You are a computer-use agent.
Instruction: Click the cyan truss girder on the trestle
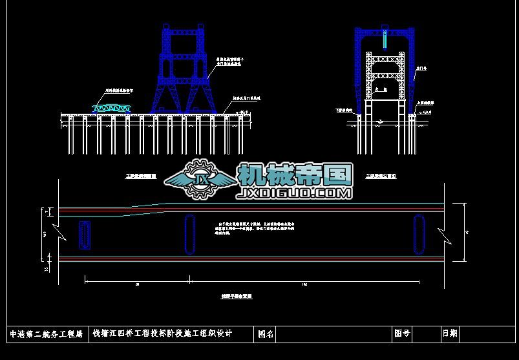click(x=112, y=107)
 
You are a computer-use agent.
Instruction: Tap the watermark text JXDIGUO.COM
click(x=295, y=193)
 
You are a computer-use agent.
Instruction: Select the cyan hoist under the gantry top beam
click(x=385, y=40)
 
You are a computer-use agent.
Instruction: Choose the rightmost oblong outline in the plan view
click(x=418, y=234)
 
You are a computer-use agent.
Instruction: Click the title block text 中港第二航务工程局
click(x=47, y=335)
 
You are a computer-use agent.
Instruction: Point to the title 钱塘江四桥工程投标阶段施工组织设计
click(x=162, y=334)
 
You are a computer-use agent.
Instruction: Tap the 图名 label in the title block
click(x=266, y=335)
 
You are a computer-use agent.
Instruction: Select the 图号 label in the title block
click(x=402, y=334)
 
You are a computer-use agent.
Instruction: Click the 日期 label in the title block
click(x=450, y=334)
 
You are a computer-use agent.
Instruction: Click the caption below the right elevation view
click(x=381, y=175)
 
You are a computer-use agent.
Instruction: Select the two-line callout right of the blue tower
click(x=229, y=63)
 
